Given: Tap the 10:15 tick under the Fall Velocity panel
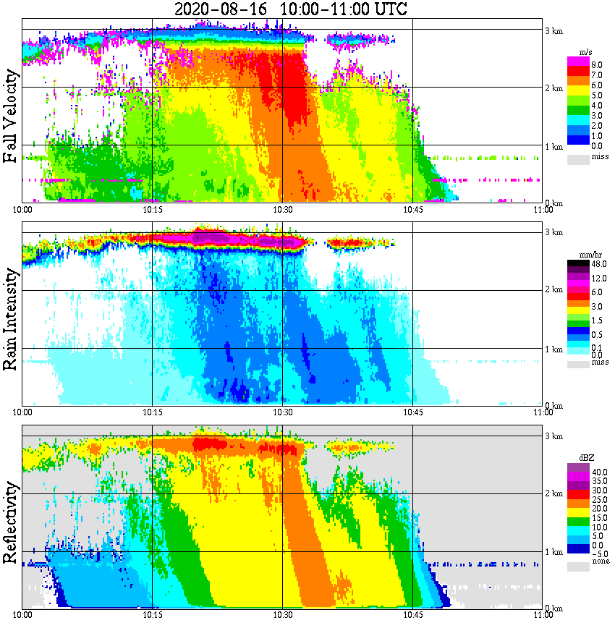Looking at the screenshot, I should click(x=152, y=210).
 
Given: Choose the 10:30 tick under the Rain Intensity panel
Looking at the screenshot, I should click(x=282, y=412).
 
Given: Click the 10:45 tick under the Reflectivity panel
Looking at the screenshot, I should click(x=412, y=614).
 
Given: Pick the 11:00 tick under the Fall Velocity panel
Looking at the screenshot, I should click(x=543, y=210).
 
